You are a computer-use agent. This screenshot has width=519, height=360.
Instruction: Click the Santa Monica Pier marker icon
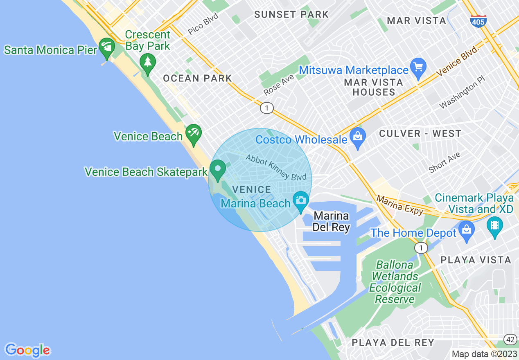[107, 47]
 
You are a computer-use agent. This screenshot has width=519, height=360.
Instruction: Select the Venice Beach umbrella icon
[193, 134]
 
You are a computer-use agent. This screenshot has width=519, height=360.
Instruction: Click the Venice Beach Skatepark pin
[218, 169]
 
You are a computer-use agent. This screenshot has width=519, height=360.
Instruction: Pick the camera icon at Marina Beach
[301, 200]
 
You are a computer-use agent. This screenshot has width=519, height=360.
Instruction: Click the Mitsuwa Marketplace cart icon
[418, 67]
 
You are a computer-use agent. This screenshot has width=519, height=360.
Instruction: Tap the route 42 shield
[510, 340]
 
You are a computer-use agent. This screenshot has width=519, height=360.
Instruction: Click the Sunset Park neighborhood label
[291, 15]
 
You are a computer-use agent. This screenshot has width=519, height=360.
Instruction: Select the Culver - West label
[420, 133]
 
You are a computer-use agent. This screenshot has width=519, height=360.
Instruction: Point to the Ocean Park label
[197, 78]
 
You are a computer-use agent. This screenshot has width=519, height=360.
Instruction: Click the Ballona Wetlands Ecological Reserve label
[395, 282]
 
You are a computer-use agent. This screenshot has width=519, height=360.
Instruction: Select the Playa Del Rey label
[393, 342]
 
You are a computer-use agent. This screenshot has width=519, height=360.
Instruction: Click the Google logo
[27, 350]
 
